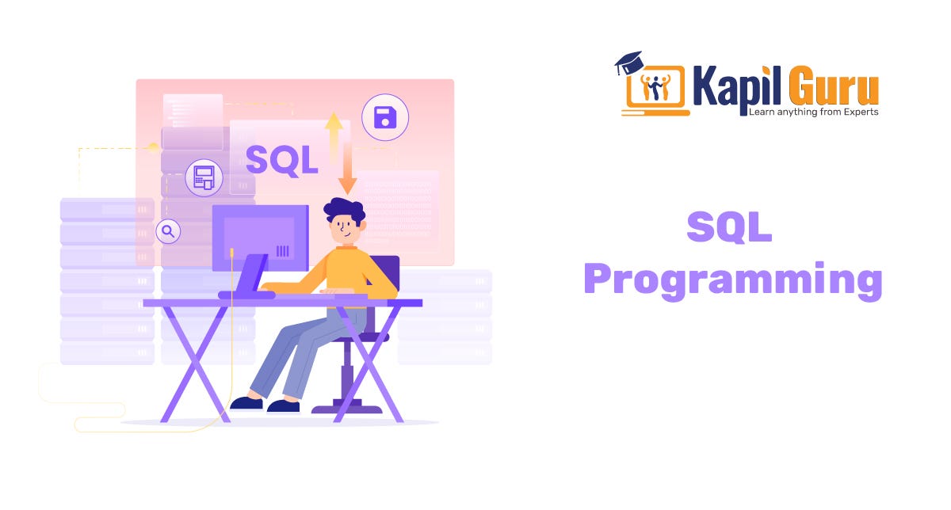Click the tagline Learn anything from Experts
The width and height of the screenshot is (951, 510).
pos(813,112)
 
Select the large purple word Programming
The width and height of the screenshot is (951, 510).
pos(732,280)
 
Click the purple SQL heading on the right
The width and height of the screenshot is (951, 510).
pos(729,228)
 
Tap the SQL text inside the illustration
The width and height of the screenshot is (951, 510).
pos(282,160)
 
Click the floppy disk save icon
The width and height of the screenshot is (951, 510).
pos(385,118)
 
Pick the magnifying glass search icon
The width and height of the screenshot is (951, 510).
pos(168,231)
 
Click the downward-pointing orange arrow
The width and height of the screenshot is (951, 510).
pos(347,176)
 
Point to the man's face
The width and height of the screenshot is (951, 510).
pos(346,230)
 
